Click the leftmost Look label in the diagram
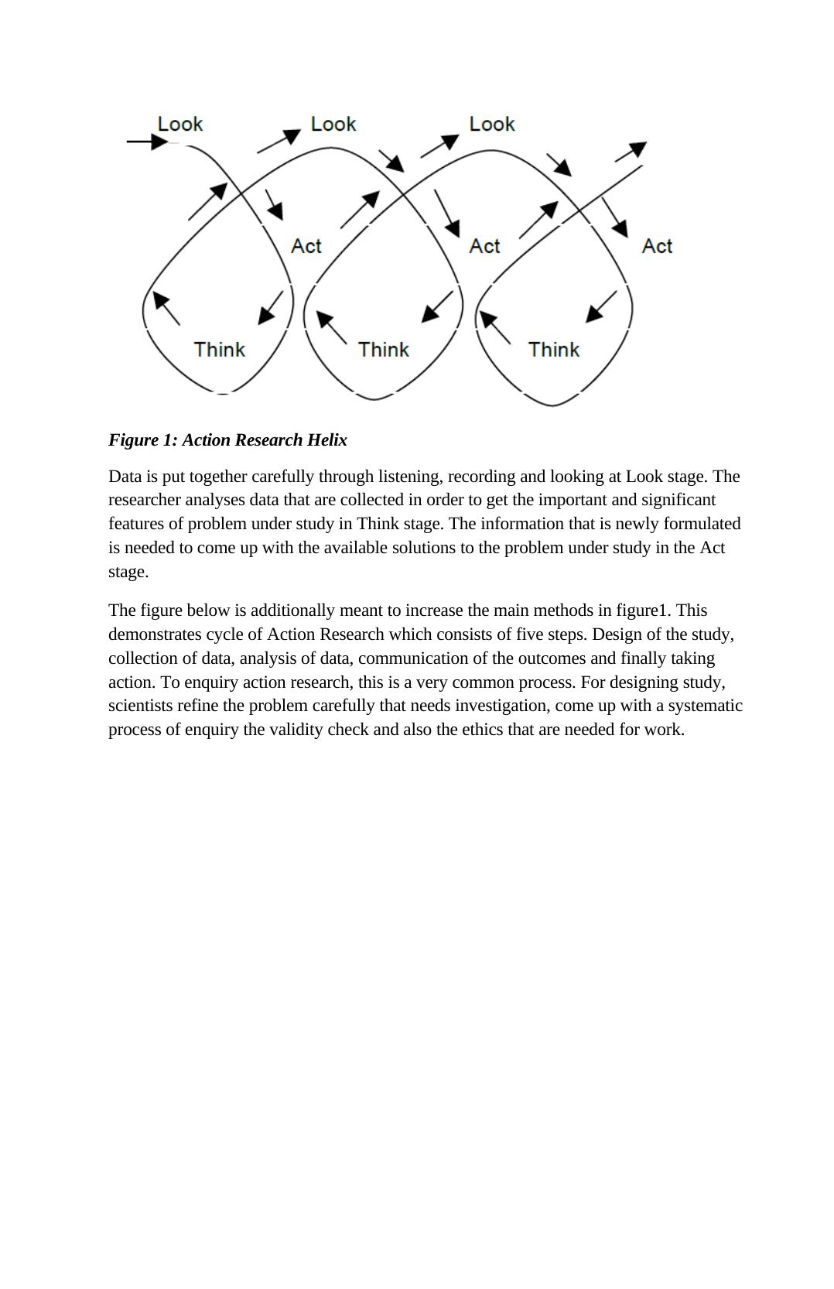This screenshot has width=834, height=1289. click(x=179, y=124)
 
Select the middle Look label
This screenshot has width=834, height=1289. click(x=333, y=124)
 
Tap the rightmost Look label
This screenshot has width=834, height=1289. click(x=492, y=124)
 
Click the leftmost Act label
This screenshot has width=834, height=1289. click(x=306, y=246)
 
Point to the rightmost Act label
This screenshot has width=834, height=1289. click(x=657, y=246)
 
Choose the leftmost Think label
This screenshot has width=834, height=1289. click(x=219, y=350)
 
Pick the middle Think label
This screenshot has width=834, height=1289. click(x=383, y=350)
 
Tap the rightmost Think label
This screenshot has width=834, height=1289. click(x=554, y=350)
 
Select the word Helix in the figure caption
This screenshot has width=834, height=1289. click(x=326, y=440)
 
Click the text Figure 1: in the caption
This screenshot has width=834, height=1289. click(x=143, y=440)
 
